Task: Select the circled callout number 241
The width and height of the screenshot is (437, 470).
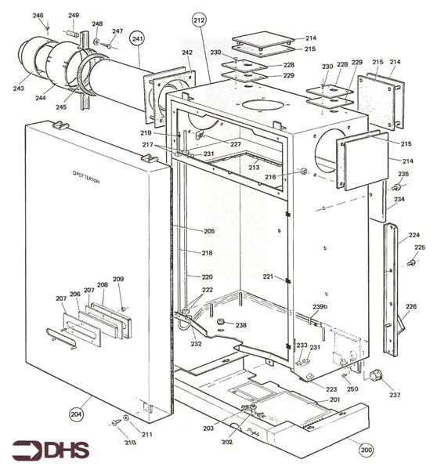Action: (139, 38)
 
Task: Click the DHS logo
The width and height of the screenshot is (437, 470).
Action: (50, 450)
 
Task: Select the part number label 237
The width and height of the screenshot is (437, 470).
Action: (395, 395)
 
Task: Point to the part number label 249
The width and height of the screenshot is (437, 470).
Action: (74, 16)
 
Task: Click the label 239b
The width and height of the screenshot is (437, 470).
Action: (320, 306)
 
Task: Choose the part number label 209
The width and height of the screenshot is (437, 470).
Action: (118, 280)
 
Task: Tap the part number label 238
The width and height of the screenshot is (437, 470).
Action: (241, 325)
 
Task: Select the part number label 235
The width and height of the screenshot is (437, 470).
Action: (403, 174)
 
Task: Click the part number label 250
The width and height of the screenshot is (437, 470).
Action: (352, 389)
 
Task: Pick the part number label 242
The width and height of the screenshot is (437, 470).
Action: (187, 52)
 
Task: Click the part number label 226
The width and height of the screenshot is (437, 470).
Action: (411, 306)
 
